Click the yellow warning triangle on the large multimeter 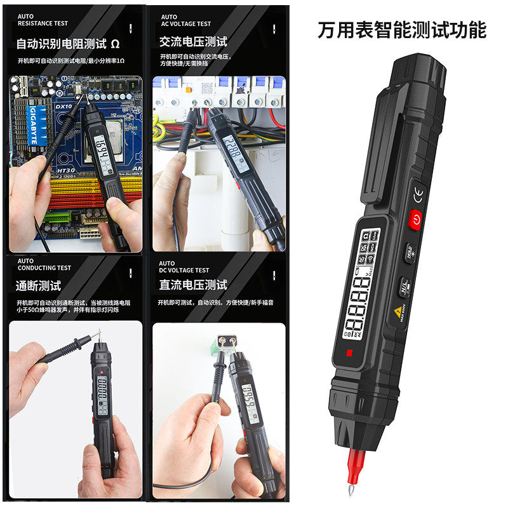tap(399, 311)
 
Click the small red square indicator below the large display tap(348, 353)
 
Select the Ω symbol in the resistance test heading tap(115, 44)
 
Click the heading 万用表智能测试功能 tap(402, 30)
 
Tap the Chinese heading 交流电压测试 tap(193, 41)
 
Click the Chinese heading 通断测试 tap(38, 286)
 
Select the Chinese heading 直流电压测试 tap(192, 284)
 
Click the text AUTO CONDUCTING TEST tap(44, 264)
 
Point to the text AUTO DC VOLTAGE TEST tap(184, 267)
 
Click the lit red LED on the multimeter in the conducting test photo tap(94, 421)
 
